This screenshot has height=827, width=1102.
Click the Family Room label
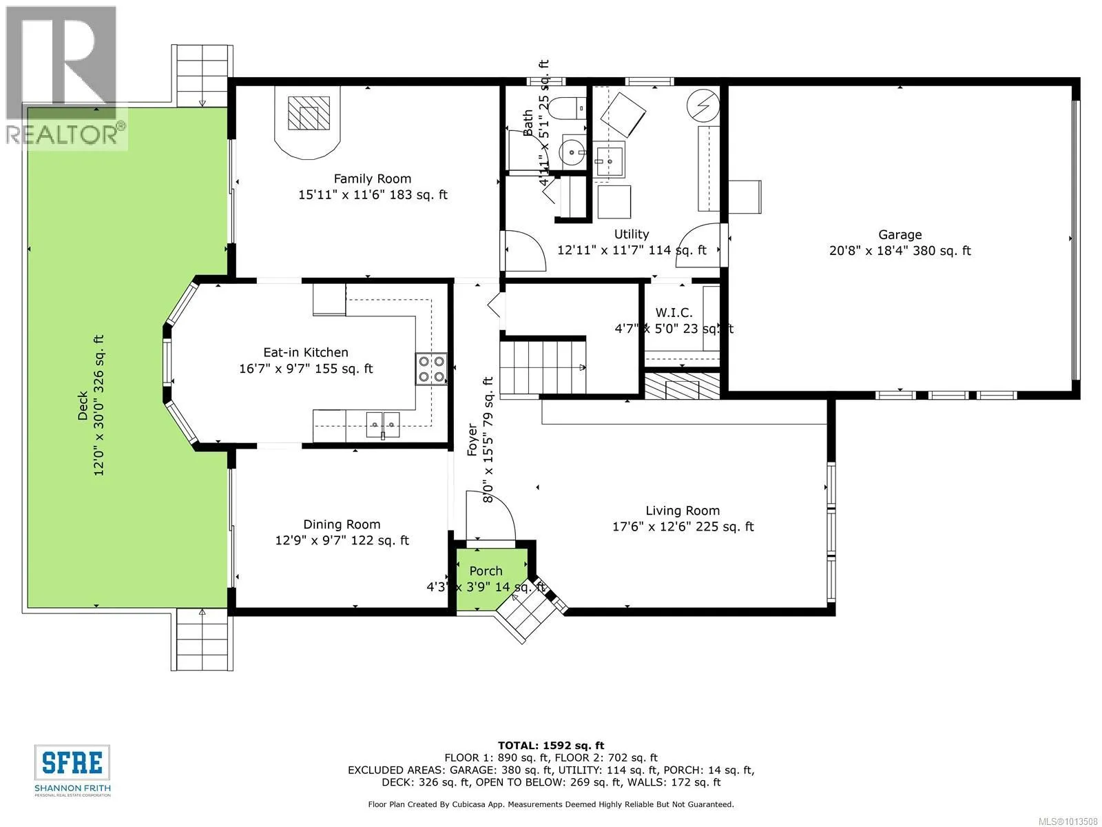[373, 178]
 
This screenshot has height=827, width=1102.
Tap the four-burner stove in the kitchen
[431, 369]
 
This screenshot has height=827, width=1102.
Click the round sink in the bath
[573, 150]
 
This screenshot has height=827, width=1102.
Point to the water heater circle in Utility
[703, 105]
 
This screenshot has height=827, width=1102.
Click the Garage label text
[900, 234]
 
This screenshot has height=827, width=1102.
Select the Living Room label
[683, 511]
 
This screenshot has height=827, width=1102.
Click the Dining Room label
[342, 524]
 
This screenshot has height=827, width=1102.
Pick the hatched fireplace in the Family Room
[309, 112]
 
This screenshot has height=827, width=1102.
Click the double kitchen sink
[382, 425]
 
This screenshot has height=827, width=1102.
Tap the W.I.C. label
[674, 313]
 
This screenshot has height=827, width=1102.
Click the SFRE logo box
[72, 763]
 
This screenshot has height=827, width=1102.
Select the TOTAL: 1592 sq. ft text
[551, 746]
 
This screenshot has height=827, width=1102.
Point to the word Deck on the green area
[83, 406]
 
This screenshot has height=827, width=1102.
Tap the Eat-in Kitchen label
[306, 352]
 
